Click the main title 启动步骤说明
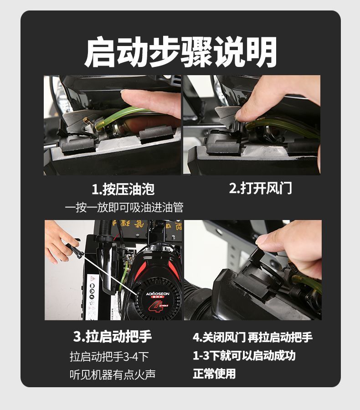click(180, 52)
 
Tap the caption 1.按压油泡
click(123, 189)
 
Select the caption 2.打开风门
click(260, 188)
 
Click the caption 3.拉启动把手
click(113, 337)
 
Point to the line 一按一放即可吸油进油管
click(124, 208)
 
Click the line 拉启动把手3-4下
click(109, 357)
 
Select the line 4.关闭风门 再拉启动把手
click(252, 337)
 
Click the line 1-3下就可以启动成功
click(244, 356)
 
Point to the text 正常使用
click(214, 374)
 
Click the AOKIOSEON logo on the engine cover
click(158, 294)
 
